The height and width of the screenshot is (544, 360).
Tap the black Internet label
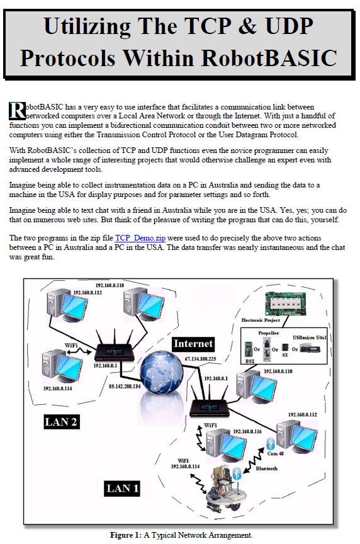(x=193, y=344)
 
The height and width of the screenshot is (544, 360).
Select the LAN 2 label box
(x=61, y=421)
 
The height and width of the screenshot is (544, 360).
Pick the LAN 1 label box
(x=122, y=488)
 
